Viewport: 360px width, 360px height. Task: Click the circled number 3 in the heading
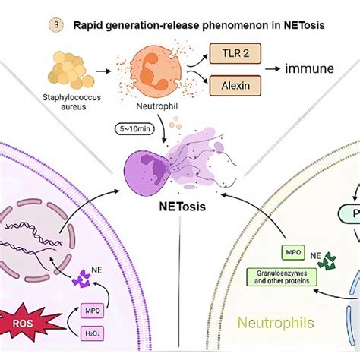[55, 25]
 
